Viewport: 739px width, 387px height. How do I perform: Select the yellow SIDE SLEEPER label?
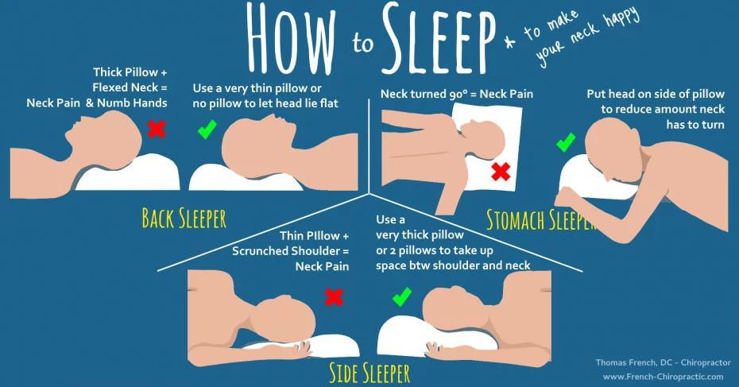pos(371,371)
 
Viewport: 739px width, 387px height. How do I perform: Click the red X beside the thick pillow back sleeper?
pos(157,128)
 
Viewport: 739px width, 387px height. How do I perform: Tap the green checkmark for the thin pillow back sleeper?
pos(207,128)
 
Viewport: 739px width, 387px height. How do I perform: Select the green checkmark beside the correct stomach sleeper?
pos(566,143)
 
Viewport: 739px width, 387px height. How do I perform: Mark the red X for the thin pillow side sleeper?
pos(335,297)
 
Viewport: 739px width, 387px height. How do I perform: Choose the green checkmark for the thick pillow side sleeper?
pos(401,297)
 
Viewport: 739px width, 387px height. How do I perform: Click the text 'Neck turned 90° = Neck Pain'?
pos(457,95)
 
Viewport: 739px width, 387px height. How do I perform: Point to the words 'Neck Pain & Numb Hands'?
pos(96,103)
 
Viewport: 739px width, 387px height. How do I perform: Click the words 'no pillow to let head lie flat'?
pos(268,103)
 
